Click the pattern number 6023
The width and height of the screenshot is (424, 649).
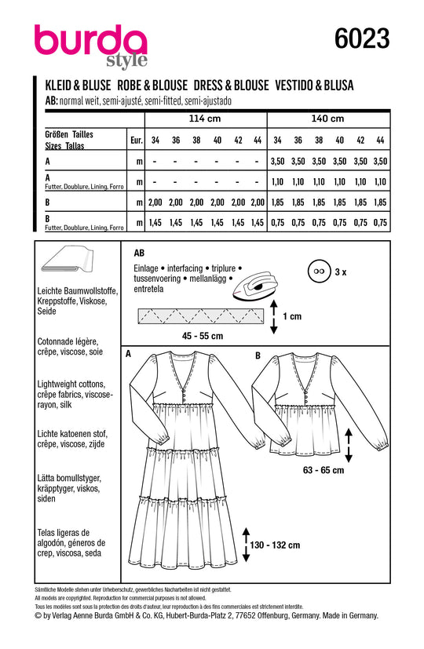click(x=362, y=39)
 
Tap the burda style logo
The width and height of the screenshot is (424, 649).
click(x=90, y=45)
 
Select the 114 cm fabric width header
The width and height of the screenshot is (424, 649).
click(x=205, y=118)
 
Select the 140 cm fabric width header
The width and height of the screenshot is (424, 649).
click(x=327, y=118)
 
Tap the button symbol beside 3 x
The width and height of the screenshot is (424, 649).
click(x=319, y=272)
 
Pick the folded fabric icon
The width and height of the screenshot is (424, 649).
click(x=67, y=260)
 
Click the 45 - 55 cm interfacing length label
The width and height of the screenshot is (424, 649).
click(x=203, y=336)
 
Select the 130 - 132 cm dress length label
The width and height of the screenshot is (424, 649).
click(x=275, y=545)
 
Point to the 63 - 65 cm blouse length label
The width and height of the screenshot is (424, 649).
click(x=323, y=470)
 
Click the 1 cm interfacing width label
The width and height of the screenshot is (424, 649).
click(x=292, y=316)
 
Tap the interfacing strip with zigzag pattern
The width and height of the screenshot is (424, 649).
click(x=200, y=316)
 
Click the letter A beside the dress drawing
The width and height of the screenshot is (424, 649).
click(x=128, y=354)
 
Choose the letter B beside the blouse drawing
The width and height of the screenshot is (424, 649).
click(x=258, y=355)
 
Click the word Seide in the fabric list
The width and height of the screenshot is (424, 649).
click(x=47, y=311)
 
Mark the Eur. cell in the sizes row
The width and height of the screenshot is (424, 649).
click(x=136, y=140)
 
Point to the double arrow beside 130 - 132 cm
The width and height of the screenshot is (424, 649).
click(x=246, y=545)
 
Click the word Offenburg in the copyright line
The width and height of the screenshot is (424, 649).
click(x=273, y=615)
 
